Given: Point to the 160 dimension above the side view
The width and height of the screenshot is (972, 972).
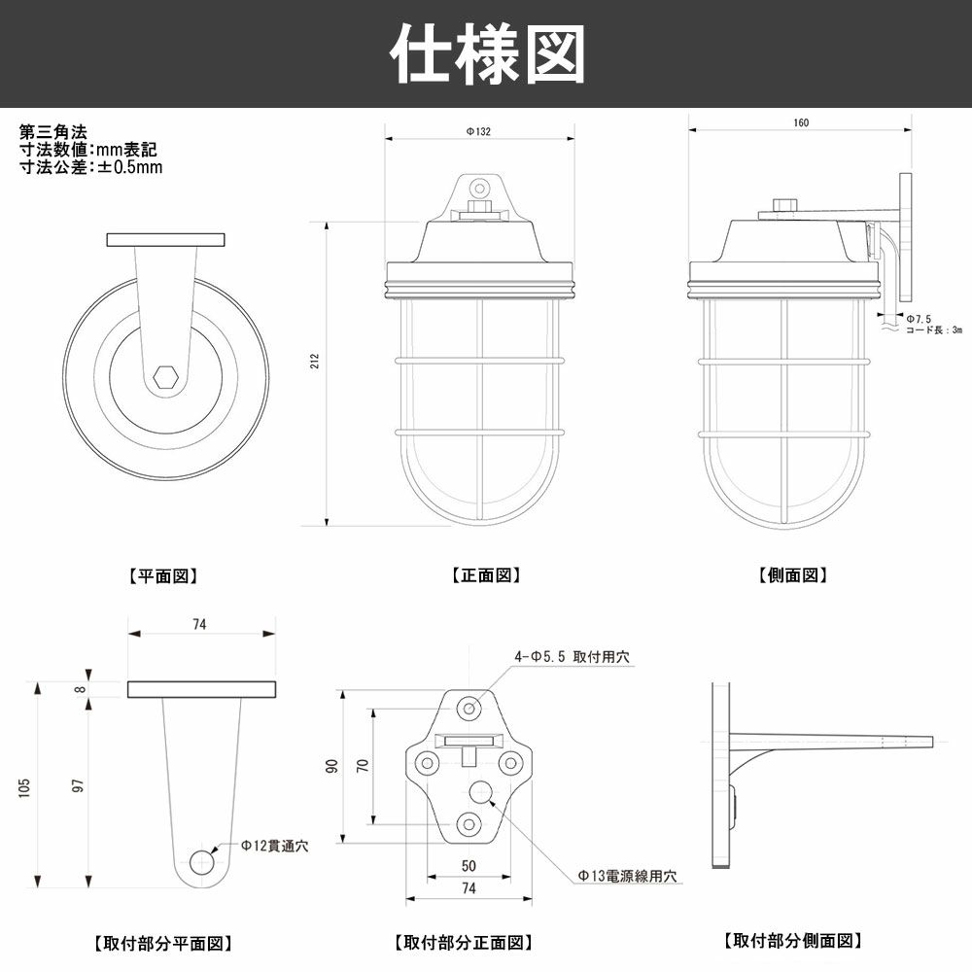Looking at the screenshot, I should pos(800,122).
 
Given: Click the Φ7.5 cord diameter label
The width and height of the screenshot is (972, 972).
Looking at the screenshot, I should pos(920,318).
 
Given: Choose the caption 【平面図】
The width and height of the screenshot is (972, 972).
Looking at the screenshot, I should pos(163,575).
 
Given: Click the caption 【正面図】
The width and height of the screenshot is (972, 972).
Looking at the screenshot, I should pos(486,575).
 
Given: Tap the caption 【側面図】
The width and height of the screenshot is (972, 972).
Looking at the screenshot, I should pos(793,575).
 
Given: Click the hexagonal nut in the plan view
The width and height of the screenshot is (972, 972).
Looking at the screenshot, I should pos(164,378).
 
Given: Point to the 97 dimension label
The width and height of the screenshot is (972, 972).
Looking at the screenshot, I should pos(77,784).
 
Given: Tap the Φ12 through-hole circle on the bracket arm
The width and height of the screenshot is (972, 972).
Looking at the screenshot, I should pos(202,862).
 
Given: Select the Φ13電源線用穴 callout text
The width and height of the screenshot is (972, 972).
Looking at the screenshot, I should pos(627,876).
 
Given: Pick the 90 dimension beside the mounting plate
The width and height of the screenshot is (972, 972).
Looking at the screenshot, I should pos(331,768).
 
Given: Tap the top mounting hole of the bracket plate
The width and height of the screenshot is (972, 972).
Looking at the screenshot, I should pos(470,707).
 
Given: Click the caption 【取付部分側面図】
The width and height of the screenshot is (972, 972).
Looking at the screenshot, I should pos(793,941).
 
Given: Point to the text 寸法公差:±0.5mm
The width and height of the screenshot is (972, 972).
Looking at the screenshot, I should pos(91,166).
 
